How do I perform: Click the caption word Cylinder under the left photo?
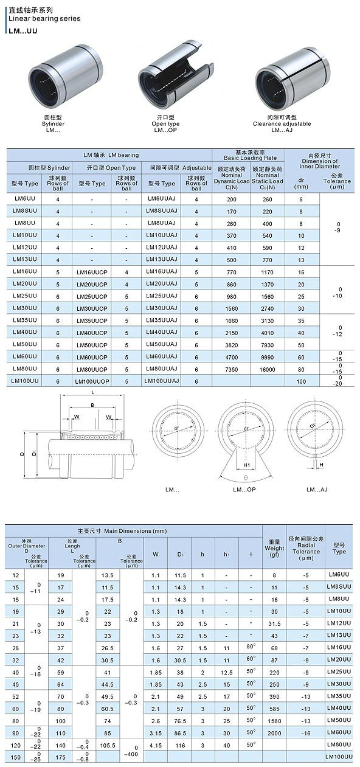point(53,123)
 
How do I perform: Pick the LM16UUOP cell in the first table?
point(92,272)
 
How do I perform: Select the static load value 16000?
point(267,369)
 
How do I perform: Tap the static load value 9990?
point(267,356)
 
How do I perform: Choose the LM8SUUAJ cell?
point(161,210)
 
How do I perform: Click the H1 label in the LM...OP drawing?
point(247,465)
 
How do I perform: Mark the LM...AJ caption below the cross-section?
point(317,489)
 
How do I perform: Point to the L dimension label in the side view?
point(92,394)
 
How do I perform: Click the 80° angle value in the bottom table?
point(251,646)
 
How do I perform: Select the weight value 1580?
point(274,721)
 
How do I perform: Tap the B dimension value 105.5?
point(108,744)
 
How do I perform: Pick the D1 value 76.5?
point(181,721)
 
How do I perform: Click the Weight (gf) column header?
point(274,547)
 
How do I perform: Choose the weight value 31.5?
point(274,623)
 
